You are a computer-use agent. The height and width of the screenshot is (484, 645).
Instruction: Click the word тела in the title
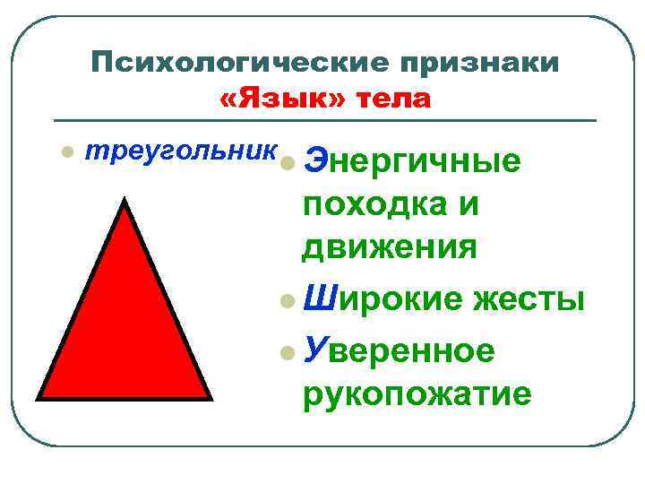tap(394, 98)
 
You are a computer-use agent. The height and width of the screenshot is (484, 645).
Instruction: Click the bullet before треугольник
tap(64, 152)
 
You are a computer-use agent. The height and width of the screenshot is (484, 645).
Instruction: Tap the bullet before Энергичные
tap(286, 164)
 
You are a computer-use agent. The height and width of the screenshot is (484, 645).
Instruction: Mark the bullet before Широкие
tap(286, 298)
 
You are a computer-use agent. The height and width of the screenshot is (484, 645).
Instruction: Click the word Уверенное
tap(399, 349)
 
